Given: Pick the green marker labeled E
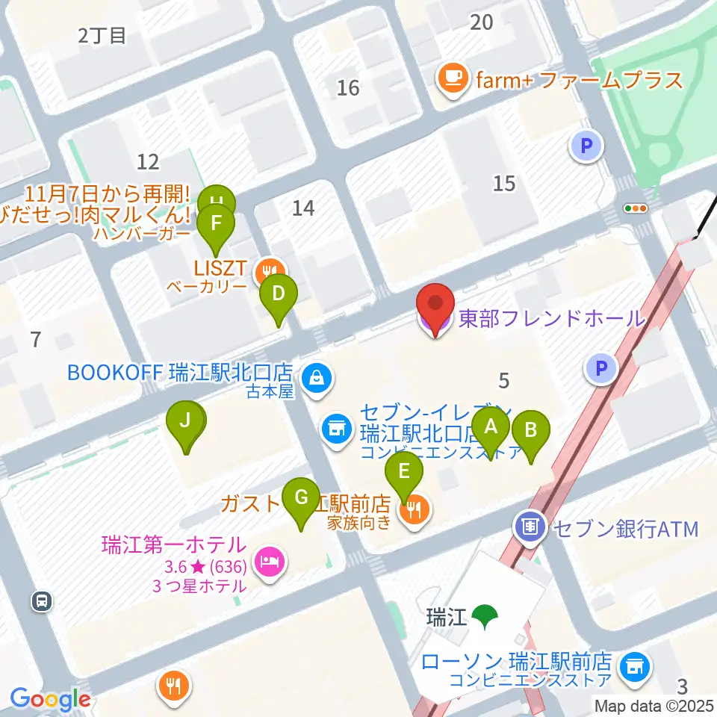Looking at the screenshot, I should pos(404,472).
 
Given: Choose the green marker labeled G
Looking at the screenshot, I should pos(301,497).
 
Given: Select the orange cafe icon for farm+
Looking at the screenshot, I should pos(453,79).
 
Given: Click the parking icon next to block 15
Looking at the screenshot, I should pos(587,146).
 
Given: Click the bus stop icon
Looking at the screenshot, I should pos(43,600).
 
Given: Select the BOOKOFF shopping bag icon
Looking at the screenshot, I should pos(317,377).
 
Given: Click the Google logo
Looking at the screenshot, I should pos(50,700).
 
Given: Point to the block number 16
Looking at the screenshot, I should pos(348,88).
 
